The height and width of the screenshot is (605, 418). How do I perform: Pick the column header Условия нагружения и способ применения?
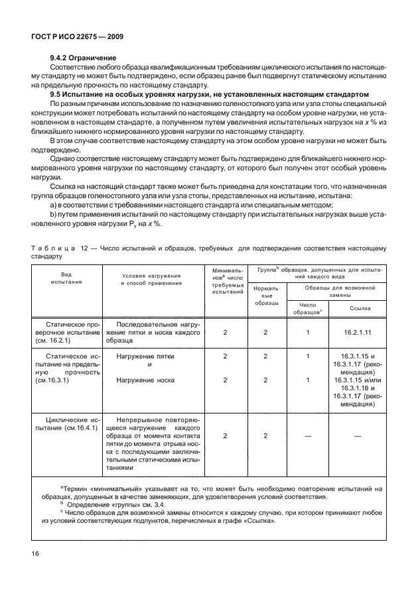151,279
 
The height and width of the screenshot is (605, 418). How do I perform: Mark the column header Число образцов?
308,308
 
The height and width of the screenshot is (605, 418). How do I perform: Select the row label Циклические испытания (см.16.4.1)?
67,423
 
